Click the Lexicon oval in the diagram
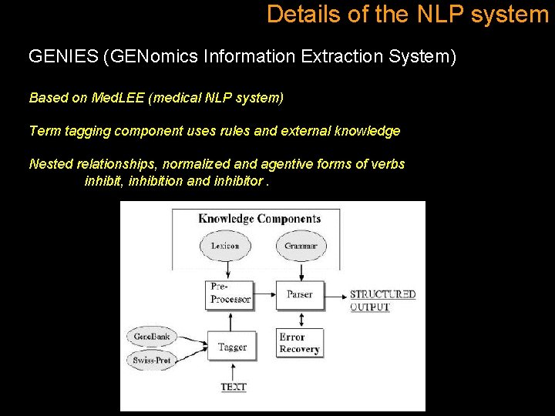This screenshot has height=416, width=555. (x=224, y=246)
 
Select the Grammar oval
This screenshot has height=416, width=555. (x=301, y=246)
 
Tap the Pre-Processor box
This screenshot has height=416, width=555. (x=230, y=294)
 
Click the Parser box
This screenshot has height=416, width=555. (x=300, y=294)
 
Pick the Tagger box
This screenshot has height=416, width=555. (x=232, y=347)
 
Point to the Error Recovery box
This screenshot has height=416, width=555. (x=300, y=343)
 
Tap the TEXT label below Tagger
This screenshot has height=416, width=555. (x=233, y=387)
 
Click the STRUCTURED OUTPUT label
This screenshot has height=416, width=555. (x=382, y=300)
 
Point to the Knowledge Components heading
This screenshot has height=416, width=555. (x=259, y=219)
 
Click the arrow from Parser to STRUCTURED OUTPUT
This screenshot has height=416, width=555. (x=336, y=294)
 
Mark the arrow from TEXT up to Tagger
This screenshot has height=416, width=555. (x=233, y=371)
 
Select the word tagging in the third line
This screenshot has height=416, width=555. (x=86, y=130)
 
